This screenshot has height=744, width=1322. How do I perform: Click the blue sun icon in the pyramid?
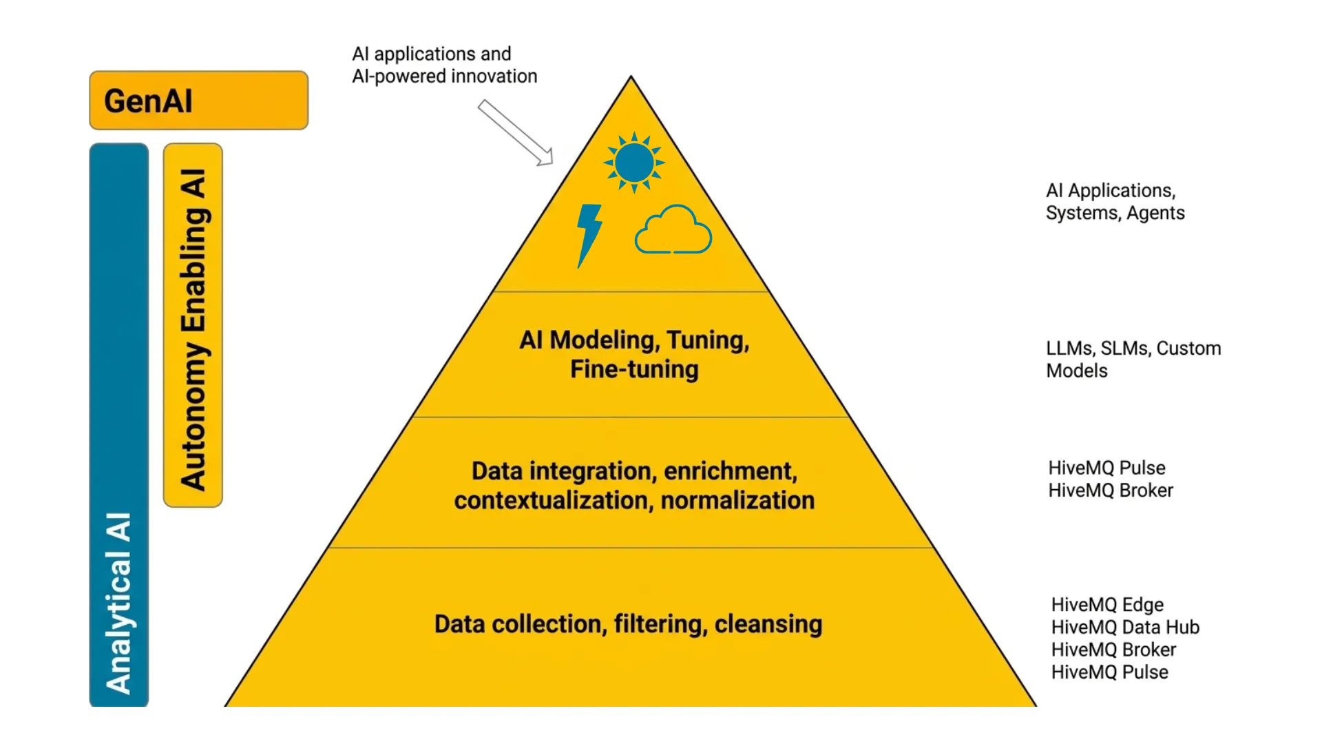click(634, 163)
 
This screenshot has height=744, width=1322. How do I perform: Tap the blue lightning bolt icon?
click(589, 234)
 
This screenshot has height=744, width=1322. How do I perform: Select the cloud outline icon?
click(673, 231)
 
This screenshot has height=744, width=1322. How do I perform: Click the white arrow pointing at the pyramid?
click(516, 132)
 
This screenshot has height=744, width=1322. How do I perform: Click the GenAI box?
click(198, 101)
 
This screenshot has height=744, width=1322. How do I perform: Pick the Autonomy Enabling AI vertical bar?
click(193, 325)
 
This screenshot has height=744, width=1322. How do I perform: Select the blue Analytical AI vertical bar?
click(118, 424)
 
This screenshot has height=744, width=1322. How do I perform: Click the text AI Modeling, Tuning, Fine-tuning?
click(634, 354)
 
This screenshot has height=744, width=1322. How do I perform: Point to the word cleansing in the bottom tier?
click(768, 624)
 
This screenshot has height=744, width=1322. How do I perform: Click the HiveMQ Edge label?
click(1107, 605)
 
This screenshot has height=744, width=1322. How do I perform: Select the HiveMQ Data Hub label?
click(1125, 628)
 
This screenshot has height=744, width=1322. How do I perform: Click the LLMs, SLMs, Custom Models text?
click(1133, 359)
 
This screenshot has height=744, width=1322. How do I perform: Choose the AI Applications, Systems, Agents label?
click(1115, 201)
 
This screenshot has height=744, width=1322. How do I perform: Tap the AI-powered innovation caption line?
click(444, 76)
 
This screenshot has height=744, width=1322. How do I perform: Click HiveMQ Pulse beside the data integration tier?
click(1106, 468)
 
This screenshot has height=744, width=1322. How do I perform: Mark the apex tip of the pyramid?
click(631, 78)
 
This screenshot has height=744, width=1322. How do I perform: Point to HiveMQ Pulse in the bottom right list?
click(1109, 672)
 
